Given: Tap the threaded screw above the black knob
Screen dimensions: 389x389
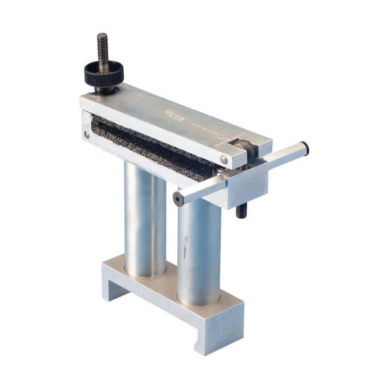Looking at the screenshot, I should [102, 47].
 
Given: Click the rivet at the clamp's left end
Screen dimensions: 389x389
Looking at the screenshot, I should [86, 134].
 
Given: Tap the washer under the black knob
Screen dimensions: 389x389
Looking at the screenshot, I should [105, 90].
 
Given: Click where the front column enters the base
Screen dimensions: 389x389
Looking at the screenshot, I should [198, 301].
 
